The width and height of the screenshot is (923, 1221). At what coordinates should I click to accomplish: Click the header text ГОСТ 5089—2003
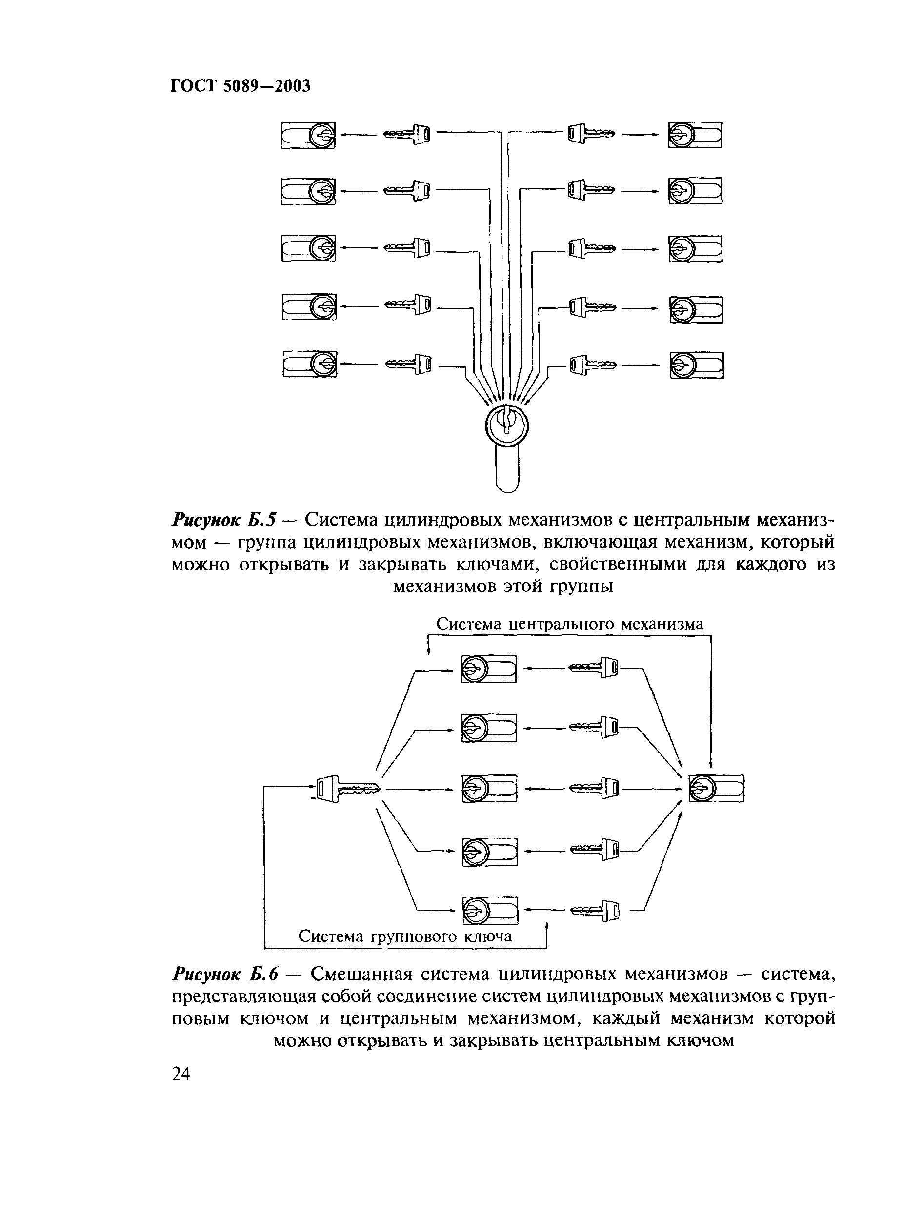(x=241, y=86)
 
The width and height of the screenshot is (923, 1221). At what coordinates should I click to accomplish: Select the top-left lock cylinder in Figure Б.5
(x=308, y=135)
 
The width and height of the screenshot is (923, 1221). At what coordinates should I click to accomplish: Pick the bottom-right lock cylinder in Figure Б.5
(x=696, y=366)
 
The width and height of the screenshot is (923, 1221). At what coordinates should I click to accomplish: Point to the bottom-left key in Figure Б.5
(x=408, y=364)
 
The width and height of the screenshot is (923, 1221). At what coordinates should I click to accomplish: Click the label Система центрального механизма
(x=570, y=624)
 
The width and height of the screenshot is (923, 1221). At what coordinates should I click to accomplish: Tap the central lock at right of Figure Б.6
(x=717, y=788)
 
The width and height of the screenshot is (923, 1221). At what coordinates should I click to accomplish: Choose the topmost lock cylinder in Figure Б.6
(x=489, y=669)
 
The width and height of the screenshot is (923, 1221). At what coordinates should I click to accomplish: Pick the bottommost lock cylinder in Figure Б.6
(x=490, y=910)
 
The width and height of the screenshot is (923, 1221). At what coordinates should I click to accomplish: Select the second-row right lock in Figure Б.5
(x=695, y=191)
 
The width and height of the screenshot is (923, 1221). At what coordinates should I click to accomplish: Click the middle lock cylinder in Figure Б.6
(x=489, y=788)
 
